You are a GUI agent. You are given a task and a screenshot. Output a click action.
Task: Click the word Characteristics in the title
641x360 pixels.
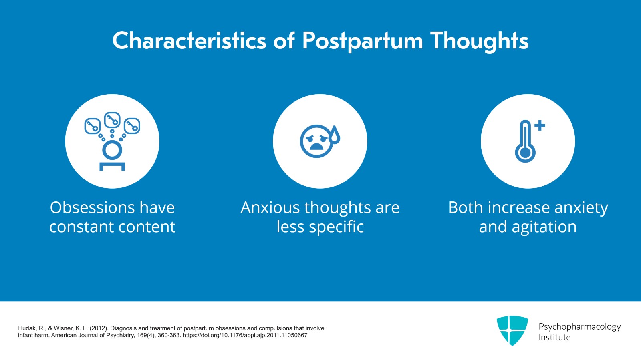(189, 41)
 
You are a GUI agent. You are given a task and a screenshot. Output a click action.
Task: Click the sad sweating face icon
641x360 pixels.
(317, 141)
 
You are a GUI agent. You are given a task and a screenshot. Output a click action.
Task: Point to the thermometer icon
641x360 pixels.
(525, 142)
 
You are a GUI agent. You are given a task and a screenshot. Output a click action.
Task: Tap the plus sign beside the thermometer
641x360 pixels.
(540, 125)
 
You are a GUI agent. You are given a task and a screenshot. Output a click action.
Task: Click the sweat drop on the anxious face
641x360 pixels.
(335, 135)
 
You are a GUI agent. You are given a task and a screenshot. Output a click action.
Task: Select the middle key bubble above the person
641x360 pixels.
(112, 119)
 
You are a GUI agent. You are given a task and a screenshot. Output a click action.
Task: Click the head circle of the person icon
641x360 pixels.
(112, 150)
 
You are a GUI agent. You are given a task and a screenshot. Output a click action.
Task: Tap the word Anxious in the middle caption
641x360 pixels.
(270, 207)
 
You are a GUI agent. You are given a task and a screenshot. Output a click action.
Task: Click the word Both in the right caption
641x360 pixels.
(465, 207)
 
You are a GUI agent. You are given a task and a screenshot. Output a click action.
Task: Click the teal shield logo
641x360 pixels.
(512, 330)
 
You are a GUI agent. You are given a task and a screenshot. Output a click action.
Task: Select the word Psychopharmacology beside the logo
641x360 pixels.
(579, 327)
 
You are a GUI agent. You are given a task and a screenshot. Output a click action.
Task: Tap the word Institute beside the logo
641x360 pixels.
(554, 338)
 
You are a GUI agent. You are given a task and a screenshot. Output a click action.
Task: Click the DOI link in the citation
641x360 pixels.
(245, 335)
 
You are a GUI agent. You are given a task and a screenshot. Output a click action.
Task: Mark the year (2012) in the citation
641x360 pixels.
(99, 328)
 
